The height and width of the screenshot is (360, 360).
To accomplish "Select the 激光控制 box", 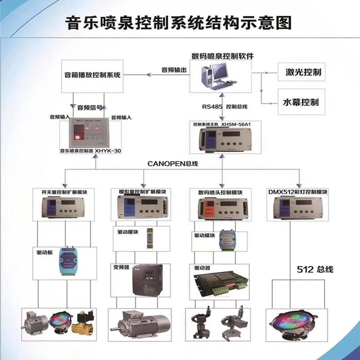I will pos(300,72).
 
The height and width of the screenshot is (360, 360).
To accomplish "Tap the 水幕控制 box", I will pos(300,102).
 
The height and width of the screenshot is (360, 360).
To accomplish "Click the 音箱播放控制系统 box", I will pos(92,75).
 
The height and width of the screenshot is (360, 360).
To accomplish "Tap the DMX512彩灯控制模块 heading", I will pos(297,192).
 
